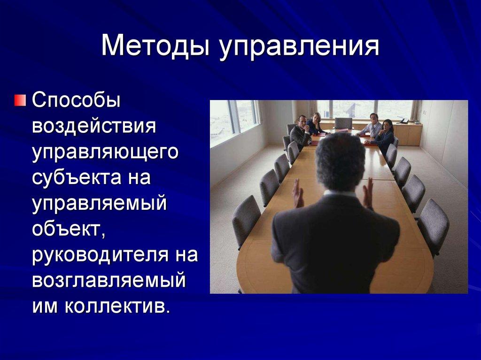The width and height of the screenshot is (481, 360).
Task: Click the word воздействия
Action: click(x=93, y=127)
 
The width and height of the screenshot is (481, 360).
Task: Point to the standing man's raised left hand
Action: click(x=298, y=193)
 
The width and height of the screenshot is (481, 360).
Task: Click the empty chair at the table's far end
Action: click(x=343, y=123)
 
